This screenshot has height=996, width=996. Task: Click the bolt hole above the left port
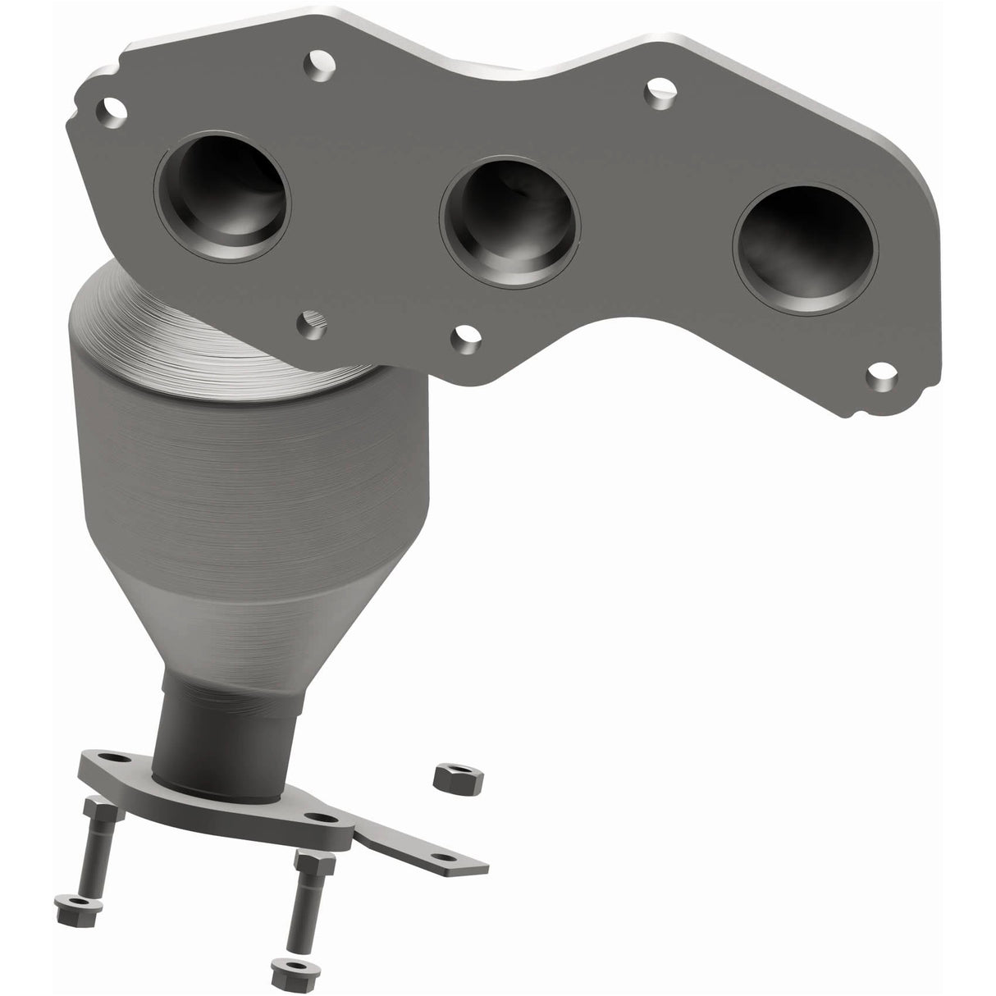click(314, 61)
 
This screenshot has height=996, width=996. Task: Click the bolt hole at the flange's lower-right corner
click(882, 379)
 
